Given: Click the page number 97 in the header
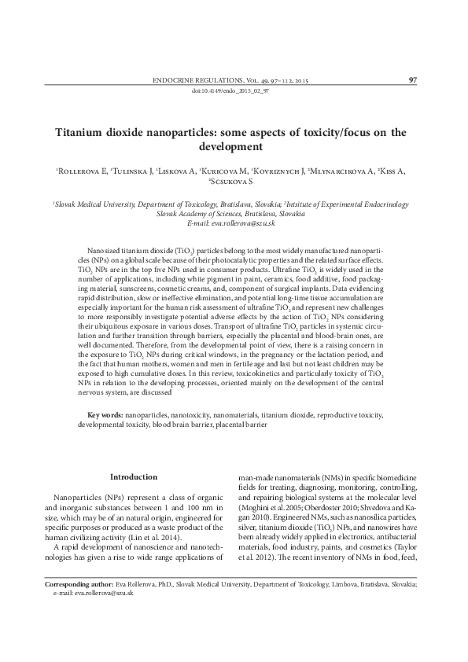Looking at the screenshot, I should (413, 79).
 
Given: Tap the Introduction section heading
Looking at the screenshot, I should (133, 476).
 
